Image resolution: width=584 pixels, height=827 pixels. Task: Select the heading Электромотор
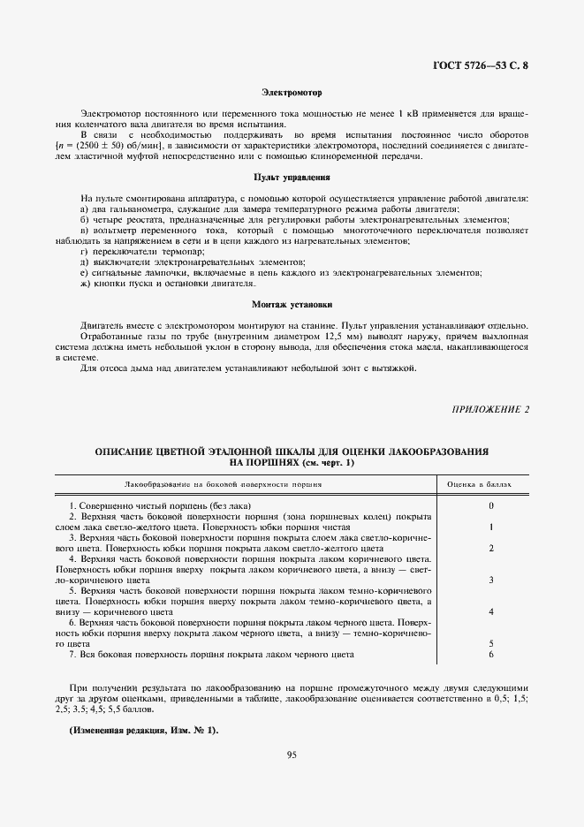[292, 92]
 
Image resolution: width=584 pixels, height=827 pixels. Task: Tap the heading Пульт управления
[292, 178]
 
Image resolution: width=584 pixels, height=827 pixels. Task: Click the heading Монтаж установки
[292, 305]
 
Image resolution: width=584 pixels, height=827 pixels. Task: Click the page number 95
[292, 754]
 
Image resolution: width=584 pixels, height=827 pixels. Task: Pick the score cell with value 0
[490, 505]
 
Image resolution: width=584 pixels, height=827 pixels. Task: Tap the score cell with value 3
[490, 580]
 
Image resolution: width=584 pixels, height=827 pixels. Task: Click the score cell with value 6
[490, 654]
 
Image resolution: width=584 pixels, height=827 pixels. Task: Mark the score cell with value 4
[490, 611]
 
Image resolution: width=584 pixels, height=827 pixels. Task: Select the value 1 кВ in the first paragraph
[407, 114]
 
